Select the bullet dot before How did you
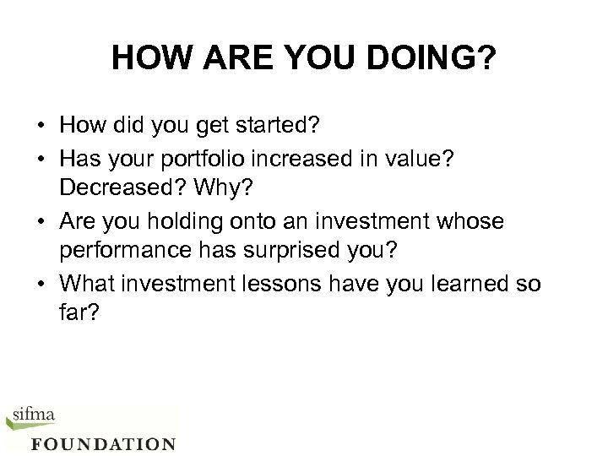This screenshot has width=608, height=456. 41,127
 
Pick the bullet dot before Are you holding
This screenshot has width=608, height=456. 41,221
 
